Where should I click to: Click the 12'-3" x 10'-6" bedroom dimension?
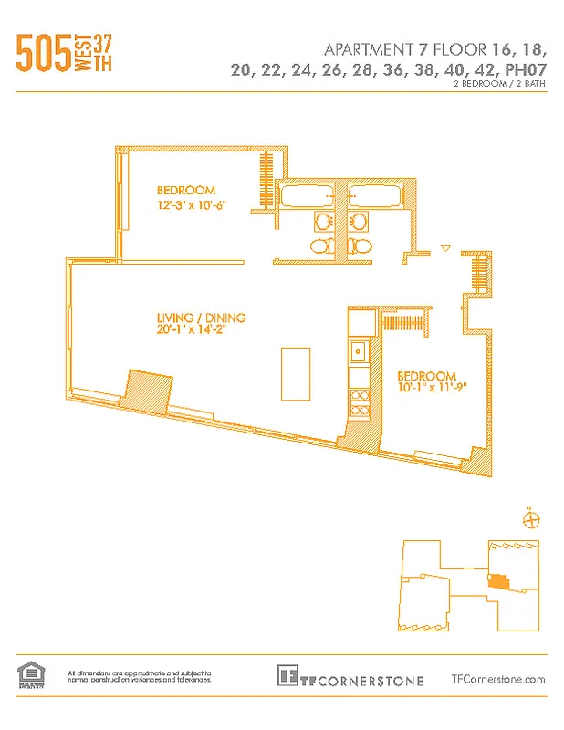coord(191,206)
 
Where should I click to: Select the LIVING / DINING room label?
coord(201,318)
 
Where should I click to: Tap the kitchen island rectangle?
coord(294,372)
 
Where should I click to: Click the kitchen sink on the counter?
coord(359,349)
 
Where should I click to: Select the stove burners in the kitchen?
coord(359,401)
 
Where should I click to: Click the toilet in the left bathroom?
coord(322,245)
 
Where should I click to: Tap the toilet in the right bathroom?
coord(359,245)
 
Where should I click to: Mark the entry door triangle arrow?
coord(445,247)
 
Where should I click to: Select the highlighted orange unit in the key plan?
coord(498,579)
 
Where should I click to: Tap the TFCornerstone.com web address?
coord(498,679)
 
